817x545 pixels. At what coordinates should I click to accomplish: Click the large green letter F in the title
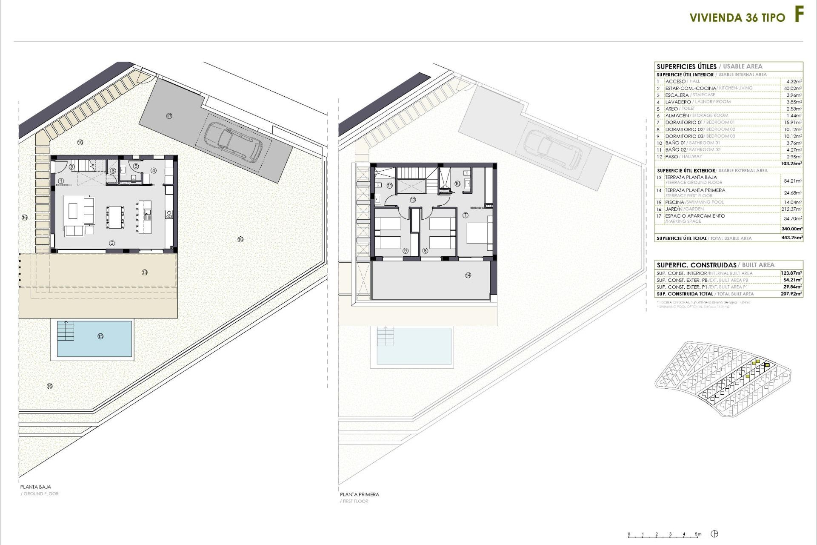[799, 15]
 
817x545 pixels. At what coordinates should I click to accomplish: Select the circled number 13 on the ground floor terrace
[145, 272]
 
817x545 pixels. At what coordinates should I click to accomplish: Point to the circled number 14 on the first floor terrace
[468, 275]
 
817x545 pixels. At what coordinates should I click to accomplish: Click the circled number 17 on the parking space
[169, 116]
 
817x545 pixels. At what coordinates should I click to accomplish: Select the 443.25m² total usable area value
[792, 238]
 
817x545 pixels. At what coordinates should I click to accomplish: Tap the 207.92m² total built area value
[791, 294]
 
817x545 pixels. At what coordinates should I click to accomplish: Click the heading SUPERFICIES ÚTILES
[686, 66]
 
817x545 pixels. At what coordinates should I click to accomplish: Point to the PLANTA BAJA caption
[36, 487]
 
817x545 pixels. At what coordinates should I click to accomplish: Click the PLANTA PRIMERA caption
[359, 494]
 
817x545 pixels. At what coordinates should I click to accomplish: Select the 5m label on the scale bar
[698, 534]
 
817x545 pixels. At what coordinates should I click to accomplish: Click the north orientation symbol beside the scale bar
[715, 534]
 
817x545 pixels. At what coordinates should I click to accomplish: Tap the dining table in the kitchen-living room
[115, 217]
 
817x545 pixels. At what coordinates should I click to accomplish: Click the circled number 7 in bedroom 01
[466, 215]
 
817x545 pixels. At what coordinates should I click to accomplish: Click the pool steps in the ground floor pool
[66, 331]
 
